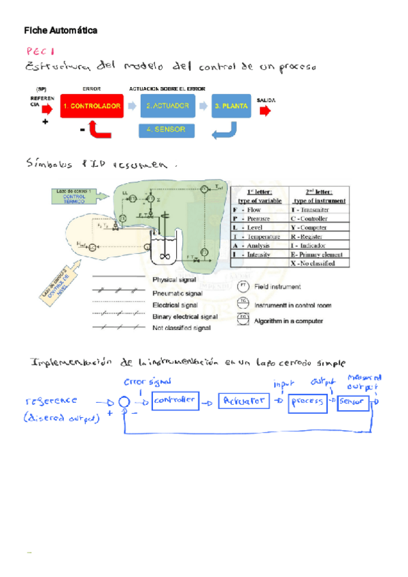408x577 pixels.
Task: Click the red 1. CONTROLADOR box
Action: (x=92, y=106)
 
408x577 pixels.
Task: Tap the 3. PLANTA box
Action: (x=230, y=106)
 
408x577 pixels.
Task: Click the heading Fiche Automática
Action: (x=61, y=31)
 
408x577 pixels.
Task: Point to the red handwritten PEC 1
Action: (x=41, y=51)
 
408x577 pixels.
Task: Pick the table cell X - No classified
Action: (x=320, y=263)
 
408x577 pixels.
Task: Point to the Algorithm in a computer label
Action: (x=289, y=320)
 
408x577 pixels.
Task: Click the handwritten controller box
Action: (x=175, y=401)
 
